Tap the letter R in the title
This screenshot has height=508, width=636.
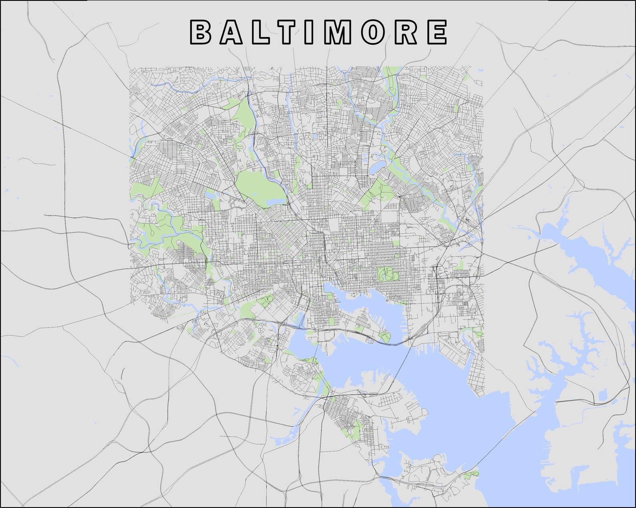pos(405,32)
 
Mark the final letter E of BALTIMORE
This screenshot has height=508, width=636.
pos(437,32)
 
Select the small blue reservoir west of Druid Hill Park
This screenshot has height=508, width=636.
pos(210,196)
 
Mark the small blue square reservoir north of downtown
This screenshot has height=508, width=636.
pos(315,136)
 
